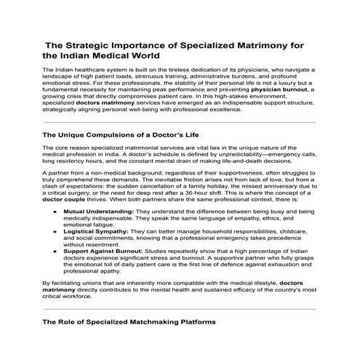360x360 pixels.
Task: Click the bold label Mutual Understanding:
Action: (99, 210)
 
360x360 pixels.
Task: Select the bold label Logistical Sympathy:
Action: (97, 231)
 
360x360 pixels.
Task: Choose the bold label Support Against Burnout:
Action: (104, 251)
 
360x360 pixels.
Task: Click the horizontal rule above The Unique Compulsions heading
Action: (180, 121)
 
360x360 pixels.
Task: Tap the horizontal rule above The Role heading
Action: (180, 306)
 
